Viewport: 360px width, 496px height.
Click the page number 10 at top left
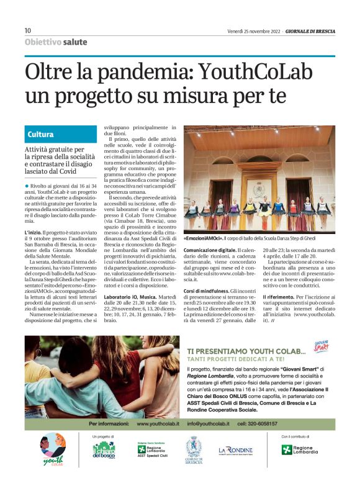pyautogui.click(x=28, y=30)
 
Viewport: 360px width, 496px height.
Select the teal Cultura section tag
pyautogui.click(x=40, y=134)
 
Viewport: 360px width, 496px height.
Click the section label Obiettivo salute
pyautogui.click(x=56, y=42)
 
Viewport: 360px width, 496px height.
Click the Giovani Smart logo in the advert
pyautogui.click(x=321, y=346)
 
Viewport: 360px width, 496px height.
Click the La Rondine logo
pyautogui.click(x=236, y=449)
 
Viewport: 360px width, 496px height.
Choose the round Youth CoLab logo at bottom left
pyautogui.click(x=54, y=449)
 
